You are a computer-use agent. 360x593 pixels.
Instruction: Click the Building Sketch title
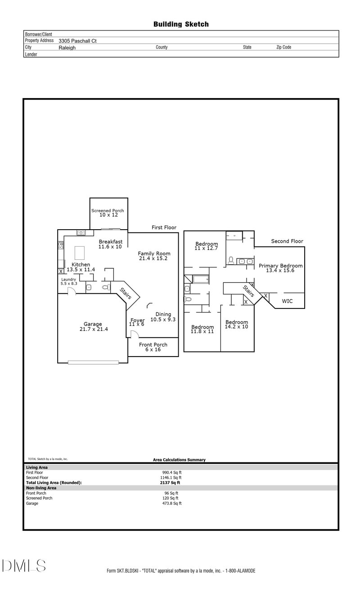181,24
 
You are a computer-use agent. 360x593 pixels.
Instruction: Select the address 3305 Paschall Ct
77,41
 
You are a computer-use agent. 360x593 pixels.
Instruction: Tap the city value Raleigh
67,47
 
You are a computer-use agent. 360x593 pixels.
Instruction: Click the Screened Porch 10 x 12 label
108,213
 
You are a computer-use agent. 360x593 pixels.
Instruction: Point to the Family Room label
154,256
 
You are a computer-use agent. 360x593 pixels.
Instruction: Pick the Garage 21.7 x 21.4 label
93,326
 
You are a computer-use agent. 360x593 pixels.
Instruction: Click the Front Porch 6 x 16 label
153,347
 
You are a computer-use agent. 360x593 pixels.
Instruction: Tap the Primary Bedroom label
280,268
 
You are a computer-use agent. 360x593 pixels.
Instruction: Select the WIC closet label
287,301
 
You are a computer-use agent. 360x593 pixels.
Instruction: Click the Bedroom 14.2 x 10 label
237,324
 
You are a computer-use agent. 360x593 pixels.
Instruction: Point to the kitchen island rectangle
80,251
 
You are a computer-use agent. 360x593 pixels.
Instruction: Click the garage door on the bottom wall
93,362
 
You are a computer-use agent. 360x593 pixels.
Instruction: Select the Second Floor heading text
287,241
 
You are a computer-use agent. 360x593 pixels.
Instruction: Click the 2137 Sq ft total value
166,482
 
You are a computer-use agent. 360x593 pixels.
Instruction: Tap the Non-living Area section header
41,488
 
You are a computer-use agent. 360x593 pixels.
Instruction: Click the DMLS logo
23,566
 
